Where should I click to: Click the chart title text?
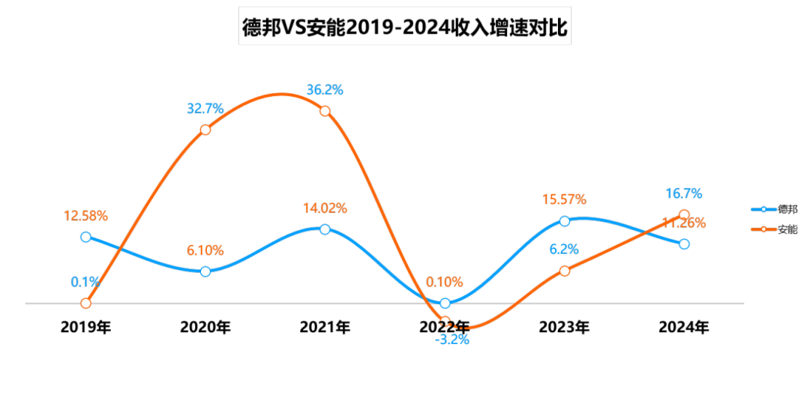404,28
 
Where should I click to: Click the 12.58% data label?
85,216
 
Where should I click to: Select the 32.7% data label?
205,109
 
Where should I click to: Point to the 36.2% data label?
325,90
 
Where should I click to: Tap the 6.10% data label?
205,250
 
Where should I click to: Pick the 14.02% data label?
325,208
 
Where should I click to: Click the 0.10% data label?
445,282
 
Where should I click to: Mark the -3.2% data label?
452,340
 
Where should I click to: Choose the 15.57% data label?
564,200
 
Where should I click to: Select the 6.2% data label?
564,250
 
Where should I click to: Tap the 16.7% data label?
684,195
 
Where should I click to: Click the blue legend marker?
763,210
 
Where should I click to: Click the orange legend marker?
763,229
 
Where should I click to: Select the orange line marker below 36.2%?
325,111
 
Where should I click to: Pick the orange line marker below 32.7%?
205,130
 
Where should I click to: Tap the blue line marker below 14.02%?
325,229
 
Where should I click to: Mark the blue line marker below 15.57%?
564,221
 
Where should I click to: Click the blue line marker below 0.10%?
445,303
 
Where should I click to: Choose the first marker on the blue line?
85,237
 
